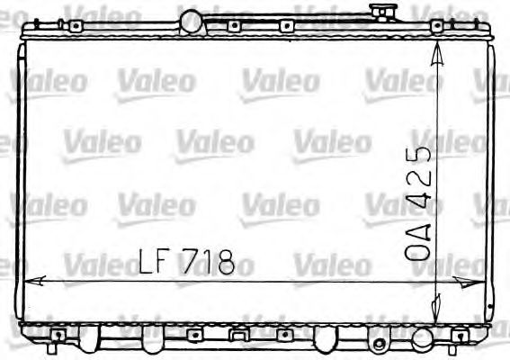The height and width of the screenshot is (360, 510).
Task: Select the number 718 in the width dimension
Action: click(x=209, y=262)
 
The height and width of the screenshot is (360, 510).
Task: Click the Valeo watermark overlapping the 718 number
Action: click(x=216, y=267)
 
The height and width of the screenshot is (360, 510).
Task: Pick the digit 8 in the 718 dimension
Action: click(x=224, y=262)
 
